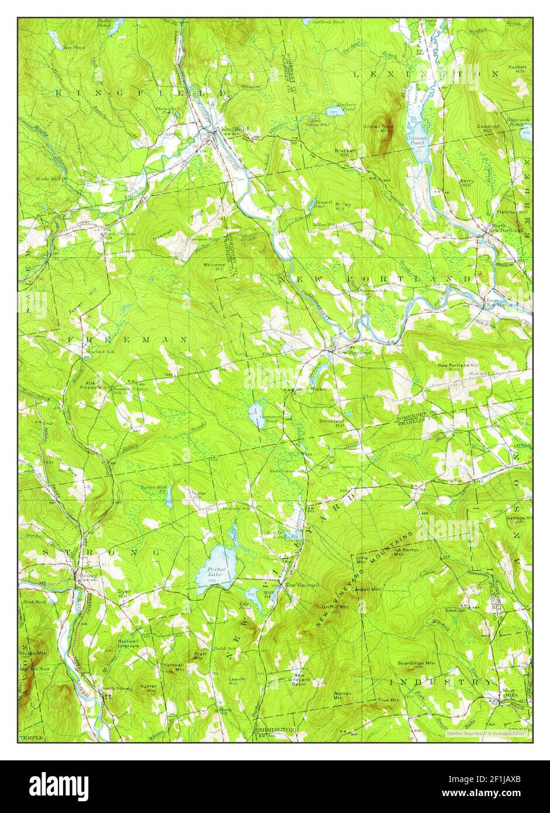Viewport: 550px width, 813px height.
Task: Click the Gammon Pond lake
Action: pyautogui.click(x=256, y=416)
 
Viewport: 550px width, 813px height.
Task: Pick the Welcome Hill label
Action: pyautogui.click(x=213, y=266)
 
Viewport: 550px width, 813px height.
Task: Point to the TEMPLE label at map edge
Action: pyautogui.click(x=31, y=738)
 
